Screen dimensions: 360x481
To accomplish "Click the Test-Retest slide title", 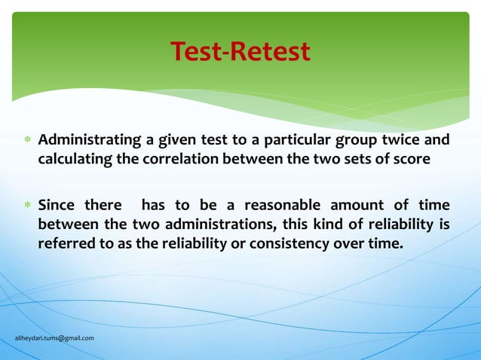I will tap(240, 51).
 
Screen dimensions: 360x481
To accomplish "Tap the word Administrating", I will tap(90, 141).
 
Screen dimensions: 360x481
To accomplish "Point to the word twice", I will tap(398, 141).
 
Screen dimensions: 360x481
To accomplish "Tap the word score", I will tap(412, 160).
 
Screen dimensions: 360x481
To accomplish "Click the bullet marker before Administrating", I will tap(26, 142).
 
